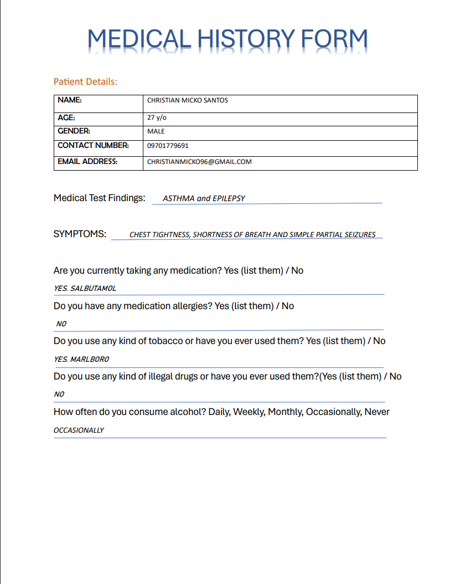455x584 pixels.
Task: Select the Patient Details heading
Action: point(85,81)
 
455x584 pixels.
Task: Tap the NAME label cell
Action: point(70,100)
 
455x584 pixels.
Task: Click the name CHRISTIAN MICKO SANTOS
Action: point(187,100)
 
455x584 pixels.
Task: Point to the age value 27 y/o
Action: point(156,117)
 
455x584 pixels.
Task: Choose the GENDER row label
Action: point(74,131)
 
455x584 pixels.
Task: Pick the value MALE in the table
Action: point(156,132)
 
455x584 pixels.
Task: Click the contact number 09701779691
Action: point(168,146)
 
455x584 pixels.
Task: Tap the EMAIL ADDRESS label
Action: point(87,162)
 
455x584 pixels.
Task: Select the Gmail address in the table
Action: point(199,162)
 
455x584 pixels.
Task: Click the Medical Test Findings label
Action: point(99,198)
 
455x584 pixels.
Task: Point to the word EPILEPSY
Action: point(229,198)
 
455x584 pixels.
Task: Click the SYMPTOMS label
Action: point(80,234)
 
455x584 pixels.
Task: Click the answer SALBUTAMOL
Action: point(93,289)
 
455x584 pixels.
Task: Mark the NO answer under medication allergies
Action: point(61,324)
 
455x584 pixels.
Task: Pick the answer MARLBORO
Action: point(89,359)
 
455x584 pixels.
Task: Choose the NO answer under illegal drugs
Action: point(59,395)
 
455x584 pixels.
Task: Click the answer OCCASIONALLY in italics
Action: point(79,431)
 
